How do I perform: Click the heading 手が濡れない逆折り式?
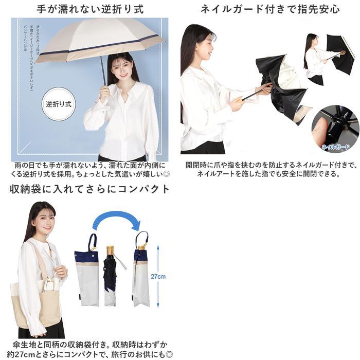click(90, 9)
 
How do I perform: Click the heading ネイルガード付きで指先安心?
click(270, 9)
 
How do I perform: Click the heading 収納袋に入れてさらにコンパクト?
click(90, 189)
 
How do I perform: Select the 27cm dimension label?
click(158, 277)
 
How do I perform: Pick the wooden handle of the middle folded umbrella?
click(110, 251)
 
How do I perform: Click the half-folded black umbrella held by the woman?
click(280, 87)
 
